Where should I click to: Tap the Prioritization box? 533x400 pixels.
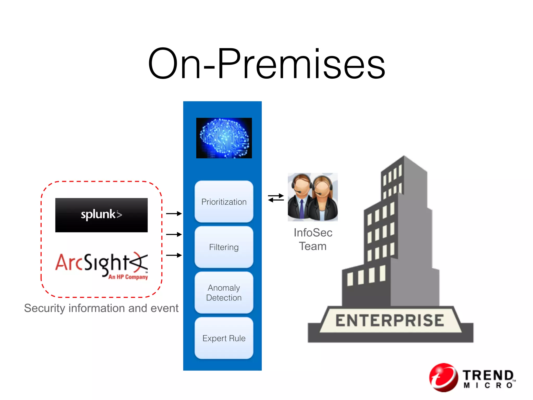224,202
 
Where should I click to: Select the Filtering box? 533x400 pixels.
224,247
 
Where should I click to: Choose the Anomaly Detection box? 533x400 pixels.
224,292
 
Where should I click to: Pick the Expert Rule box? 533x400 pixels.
224,338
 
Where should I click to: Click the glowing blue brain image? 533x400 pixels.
224,138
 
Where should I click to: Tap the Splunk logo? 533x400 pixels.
101,215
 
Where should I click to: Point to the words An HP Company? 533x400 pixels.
128,277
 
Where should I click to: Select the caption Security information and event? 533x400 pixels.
101,308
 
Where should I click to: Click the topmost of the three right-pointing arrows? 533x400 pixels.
174,214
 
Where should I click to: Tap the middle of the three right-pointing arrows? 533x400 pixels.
174,234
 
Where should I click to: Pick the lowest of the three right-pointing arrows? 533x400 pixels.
174,255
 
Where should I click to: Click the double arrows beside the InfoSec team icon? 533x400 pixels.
276,198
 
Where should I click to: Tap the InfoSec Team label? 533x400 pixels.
313,239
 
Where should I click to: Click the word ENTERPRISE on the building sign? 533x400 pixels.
390,320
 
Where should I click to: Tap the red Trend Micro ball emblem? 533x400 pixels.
443,377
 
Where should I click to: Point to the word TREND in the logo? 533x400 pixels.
488,375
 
